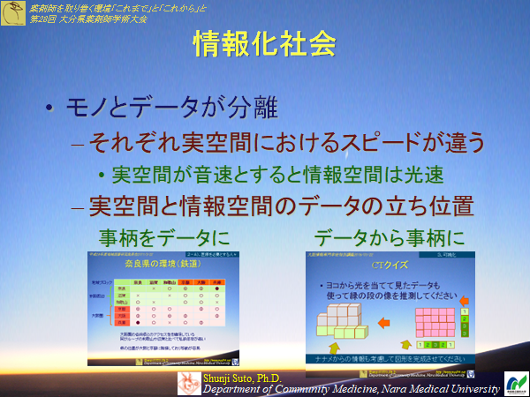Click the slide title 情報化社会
point(264,45)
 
